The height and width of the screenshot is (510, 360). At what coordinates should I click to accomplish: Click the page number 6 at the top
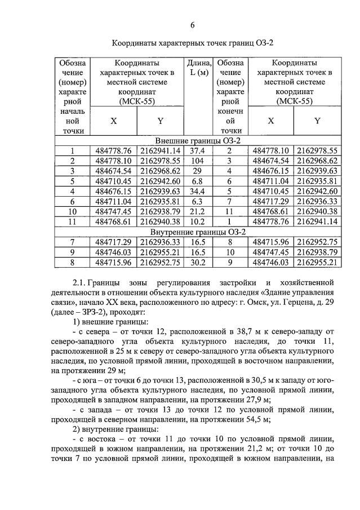(x=192, y=25)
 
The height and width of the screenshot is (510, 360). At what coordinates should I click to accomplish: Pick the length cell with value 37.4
(x=198, y=150)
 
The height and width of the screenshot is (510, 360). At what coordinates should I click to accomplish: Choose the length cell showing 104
(x=198, y=161)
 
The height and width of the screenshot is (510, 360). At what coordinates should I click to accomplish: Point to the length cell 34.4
(x=198, y=191)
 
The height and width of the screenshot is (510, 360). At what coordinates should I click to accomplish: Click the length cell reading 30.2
(x=198, y=262)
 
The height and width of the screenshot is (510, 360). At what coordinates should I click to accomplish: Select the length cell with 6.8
(x=198, y=181)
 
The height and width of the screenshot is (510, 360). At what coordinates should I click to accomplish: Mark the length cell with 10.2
(x=198, y=221)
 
